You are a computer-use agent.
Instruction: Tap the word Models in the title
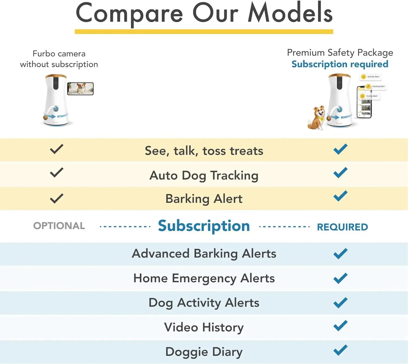(290, 13)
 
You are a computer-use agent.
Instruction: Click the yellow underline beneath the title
(204, 32)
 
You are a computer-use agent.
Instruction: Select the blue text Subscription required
(340, 64)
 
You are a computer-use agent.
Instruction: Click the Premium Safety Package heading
(340, 53)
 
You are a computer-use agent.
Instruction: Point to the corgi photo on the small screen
(80, 89)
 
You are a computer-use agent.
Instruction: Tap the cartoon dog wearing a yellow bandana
(317, 118)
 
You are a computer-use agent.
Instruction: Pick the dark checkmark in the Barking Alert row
(56, 198)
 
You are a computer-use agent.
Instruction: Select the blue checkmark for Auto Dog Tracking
(340, 172)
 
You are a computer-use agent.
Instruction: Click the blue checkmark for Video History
(340, 326)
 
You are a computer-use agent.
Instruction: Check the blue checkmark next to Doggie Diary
(340, 350)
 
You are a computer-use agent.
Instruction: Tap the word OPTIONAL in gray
(59, 226)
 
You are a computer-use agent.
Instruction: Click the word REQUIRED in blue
(342, 227)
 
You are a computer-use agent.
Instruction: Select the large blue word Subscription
(204, 226)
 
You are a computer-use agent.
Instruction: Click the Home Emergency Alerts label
(204, 278)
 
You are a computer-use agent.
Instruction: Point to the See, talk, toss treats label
(204, 151)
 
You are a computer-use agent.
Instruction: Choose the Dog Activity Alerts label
(204, 303)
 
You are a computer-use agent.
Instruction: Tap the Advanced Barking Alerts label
(204, 253)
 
